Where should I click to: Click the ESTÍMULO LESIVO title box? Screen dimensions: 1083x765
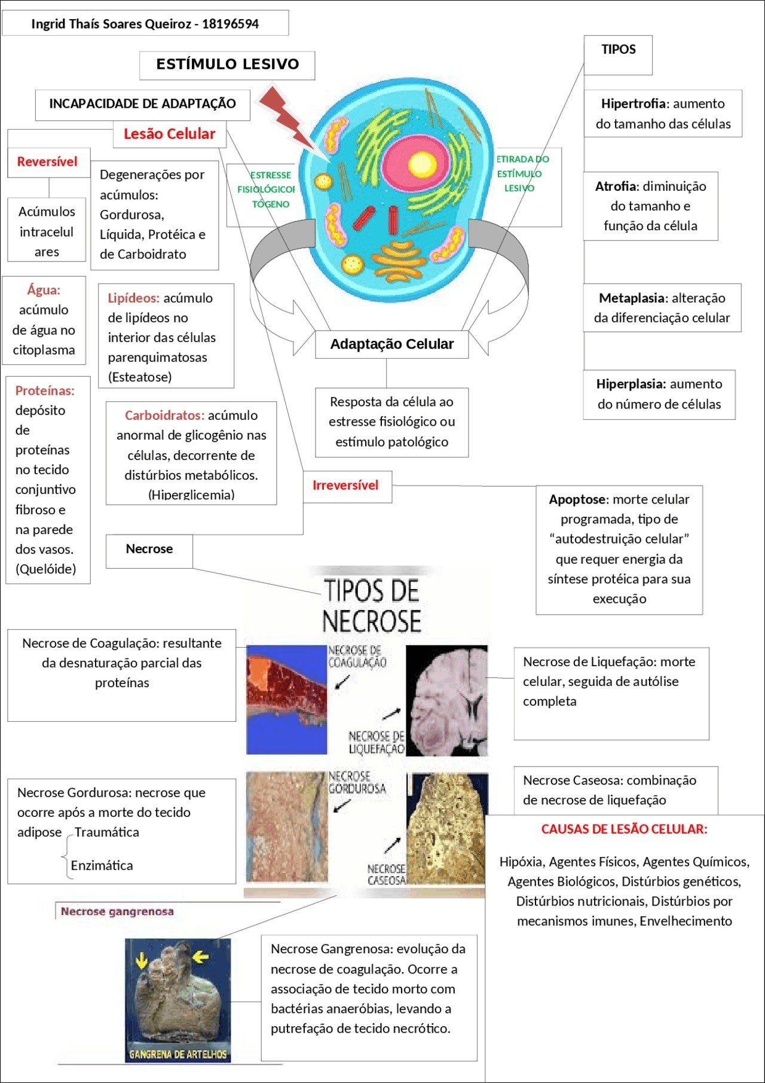[227, 65]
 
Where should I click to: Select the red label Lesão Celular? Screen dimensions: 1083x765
[169, 134]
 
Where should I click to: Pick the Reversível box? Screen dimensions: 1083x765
[47, 162]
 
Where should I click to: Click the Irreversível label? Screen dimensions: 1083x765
[345, 486]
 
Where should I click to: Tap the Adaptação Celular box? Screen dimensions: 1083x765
[391, 344]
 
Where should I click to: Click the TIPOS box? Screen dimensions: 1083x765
[618, 50]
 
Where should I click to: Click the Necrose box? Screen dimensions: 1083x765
[149, 549]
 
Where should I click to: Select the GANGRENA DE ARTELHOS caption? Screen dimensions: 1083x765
[178, 1054]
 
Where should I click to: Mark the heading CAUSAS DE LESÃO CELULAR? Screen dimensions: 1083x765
[624, 829]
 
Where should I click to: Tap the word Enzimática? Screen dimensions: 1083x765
[102, 865]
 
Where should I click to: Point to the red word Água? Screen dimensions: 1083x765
[44, 291]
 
